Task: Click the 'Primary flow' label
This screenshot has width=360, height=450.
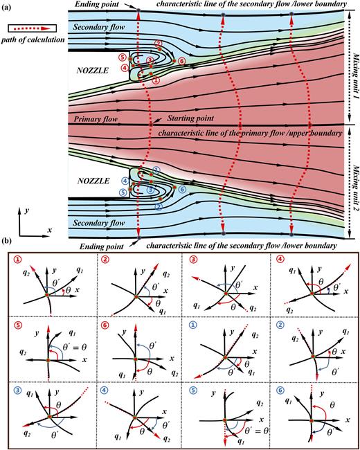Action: [96, 119]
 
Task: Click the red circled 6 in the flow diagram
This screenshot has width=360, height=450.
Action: [181, 61]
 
